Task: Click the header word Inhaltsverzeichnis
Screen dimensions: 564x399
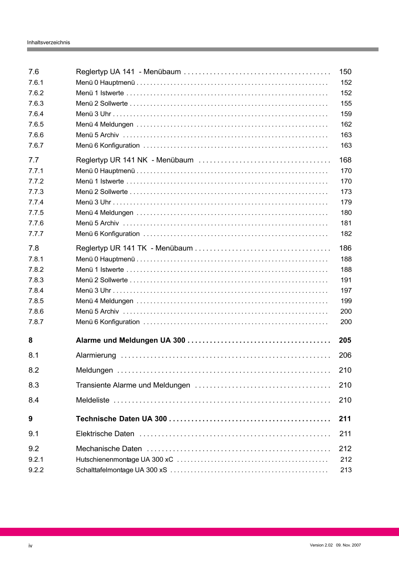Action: coord(48,42)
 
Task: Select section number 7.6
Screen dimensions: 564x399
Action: coord(33,72)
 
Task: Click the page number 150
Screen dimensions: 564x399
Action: coord(345,72)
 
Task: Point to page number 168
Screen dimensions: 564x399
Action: coord(345,160)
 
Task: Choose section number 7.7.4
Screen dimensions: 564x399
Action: coord(36,202)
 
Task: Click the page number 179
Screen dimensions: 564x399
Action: coord(346,202)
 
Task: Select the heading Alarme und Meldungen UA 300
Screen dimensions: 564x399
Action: coord(130,341)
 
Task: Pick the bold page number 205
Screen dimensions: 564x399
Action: coord(345,341)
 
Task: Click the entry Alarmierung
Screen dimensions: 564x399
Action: coord(96,355)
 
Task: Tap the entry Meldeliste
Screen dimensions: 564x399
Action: coord(93,400)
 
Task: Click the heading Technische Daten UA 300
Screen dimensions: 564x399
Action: coord(121,419)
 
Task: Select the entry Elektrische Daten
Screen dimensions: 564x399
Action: coord(105,434)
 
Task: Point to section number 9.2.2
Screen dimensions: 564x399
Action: coord(36,470)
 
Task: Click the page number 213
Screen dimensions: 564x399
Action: coord(346,470)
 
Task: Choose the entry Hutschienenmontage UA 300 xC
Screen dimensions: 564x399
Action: coord(124,459)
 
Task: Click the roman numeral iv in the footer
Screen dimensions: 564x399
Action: coord(30,546)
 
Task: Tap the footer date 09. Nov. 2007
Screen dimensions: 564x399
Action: coord(349,545)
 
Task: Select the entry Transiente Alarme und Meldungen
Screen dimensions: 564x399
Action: coord(133,385)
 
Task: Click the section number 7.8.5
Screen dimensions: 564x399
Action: coord(36,301)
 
